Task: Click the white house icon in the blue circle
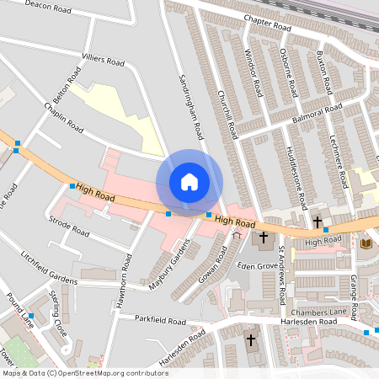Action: tap(189, 182)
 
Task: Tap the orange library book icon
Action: tap(366, 243)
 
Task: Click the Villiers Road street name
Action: tap(103, 61)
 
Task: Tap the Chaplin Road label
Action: tap(64, 118)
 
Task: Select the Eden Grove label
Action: tap(257, 265)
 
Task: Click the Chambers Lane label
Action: tap(319, 312)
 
